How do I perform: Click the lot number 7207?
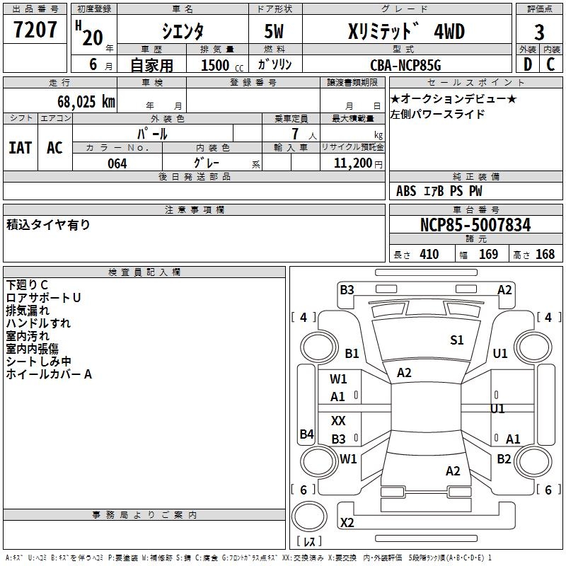point(35,30)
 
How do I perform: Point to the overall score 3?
point(539,32)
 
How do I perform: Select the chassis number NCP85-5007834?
point(475,225)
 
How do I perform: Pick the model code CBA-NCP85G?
point(405,65)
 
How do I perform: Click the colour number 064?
point(117,163)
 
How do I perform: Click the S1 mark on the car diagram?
point(457,340)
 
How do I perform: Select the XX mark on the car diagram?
point(338,421)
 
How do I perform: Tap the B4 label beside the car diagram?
point(306,434)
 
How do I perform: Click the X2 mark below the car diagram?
point(347,523)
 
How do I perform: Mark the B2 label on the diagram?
point(504,459)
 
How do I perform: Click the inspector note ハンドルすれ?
point(38,323)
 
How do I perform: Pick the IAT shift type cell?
point(21,147)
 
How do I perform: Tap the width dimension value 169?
point(489,255)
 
